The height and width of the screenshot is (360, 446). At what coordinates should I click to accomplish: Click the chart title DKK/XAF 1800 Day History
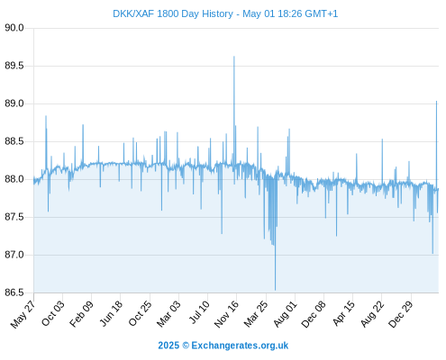[173, 14]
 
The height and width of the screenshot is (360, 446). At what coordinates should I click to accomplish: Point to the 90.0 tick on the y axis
[14, 28]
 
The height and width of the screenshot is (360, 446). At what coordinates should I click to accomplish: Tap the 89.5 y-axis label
[14, 66]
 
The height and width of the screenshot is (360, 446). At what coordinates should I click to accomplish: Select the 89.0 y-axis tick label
[14, 103]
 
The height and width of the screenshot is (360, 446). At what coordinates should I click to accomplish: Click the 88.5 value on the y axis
[14, 141]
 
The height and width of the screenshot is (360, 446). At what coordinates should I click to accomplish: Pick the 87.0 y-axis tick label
[14, 255]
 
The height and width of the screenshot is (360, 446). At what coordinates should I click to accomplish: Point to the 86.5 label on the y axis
[14, 292]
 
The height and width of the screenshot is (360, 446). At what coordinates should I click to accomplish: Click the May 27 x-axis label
[23, 314]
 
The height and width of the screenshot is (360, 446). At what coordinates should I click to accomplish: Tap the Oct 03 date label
[53, 313]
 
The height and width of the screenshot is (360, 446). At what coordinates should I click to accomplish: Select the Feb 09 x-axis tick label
[81, 314]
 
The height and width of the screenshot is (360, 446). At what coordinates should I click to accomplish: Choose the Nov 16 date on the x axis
[226, 314]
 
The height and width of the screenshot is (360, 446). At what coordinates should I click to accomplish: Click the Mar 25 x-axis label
[256, 314]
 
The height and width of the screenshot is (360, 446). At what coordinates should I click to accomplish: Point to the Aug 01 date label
[286, 314]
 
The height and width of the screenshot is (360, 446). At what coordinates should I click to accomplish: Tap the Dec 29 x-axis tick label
[401, 314]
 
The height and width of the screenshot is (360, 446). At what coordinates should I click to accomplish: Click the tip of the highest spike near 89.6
[234, 57]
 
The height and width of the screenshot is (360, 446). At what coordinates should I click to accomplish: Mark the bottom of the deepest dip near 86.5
[275, 290]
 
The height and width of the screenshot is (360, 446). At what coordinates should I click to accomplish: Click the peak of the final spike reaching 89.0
[436, 102]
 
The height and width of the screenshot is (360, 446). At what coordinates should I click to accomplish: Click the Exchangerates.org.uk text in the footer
[240, 346]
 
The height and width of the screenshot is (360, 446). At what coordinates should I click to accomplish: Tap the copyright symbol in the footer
[186, 346]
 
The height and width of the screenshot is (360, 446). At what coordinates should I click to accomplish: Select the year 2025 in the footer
[168, 346]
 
